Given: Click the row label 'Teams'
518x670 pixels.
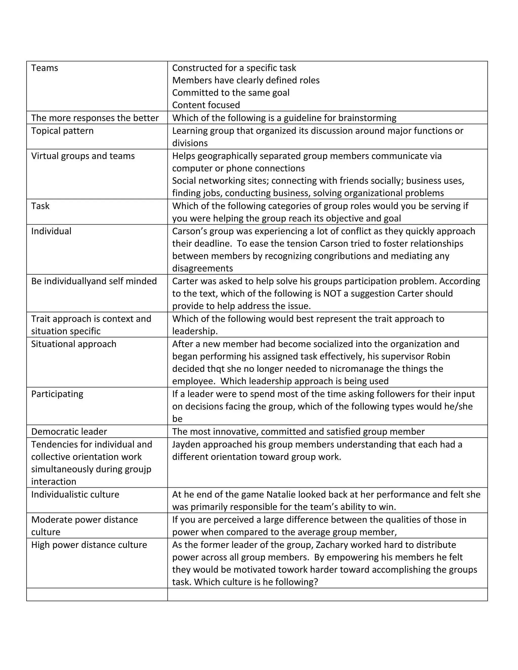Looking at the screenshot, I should click(x=45, y=68).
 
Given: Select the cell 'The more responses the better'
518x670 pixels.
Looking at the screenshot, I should click(x=95, y=118).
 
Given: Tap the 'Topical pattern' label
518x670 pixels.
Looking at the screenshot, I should click(x=62, y=131).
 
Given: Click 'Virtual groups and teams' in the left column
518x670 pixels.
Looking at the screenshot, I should click(x=83, y=156).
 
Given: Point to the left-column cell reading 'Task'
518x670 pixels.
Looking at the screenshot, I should click(x=40, y=206).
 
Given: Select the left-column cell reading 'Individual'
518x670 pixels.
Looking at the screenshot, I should click(x=51, y=231).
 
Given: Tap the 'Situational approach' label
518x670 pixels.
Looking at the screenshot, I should click(x=74, y=344).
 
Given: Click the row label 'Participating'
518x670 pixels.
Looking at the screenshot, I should click(x=57, y=394).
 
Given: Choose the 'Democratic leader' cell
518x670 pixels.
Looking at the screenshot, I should click(x=69, y=432).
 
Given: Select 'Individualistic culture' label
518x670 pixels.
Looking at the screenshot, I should click(x=75, y=495).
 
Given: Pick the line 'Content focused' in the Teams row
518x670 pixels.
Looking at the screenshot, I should click(x=206, y=105).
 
